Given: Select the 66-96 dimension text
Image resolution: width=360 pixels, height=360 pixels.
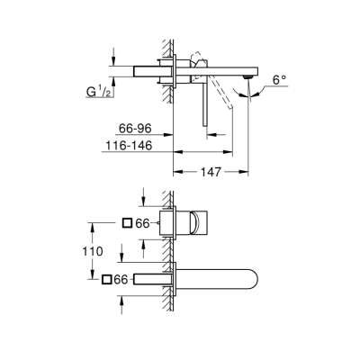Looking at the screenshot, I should pyautogui.click(x=135, y=130).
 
